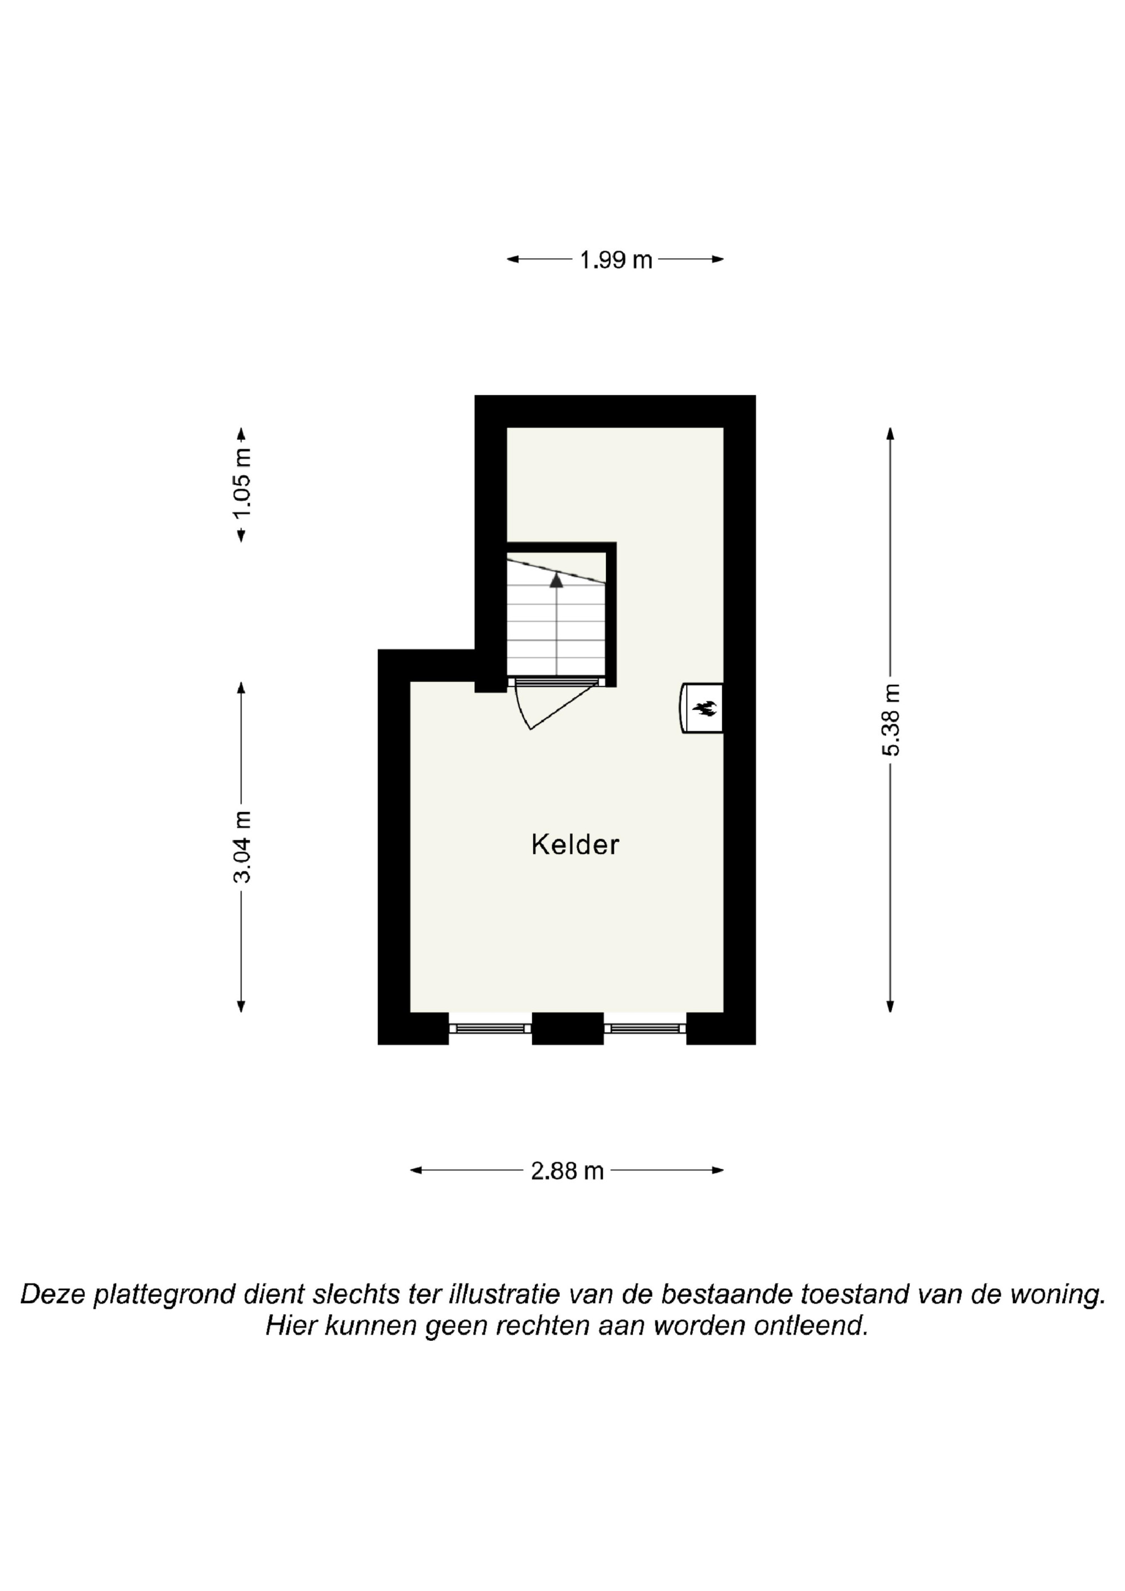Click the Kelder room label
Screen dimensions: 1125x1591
[575, 844]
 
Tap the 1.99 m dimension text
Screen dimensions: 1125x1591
[615, 260]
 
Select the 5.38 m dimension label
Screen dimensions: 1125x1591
[890, 719]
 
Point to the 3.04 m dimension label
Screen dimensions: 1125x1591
[242, 846]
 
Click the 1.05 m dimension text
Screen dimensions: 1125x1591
[242, 483]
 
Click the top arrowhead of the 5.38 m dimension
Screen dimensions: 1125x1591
[890, 434]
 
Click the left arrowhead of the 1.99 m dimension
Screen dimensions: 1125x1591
[513, 259]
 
